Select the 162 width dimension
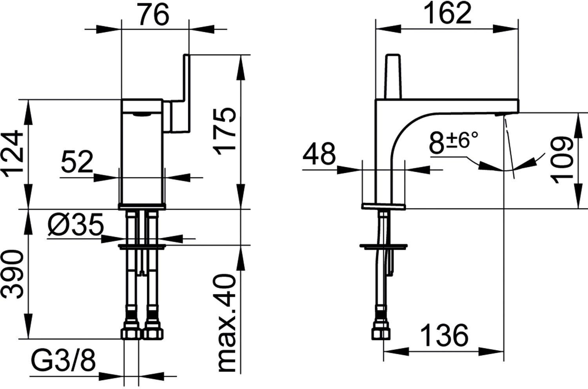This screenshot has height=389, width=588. (x=448, y=15)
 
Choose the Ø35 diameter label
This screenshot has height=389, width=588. (x=76, y=225)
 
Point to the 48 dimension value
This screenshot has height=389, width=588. (x=319, y=154)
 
